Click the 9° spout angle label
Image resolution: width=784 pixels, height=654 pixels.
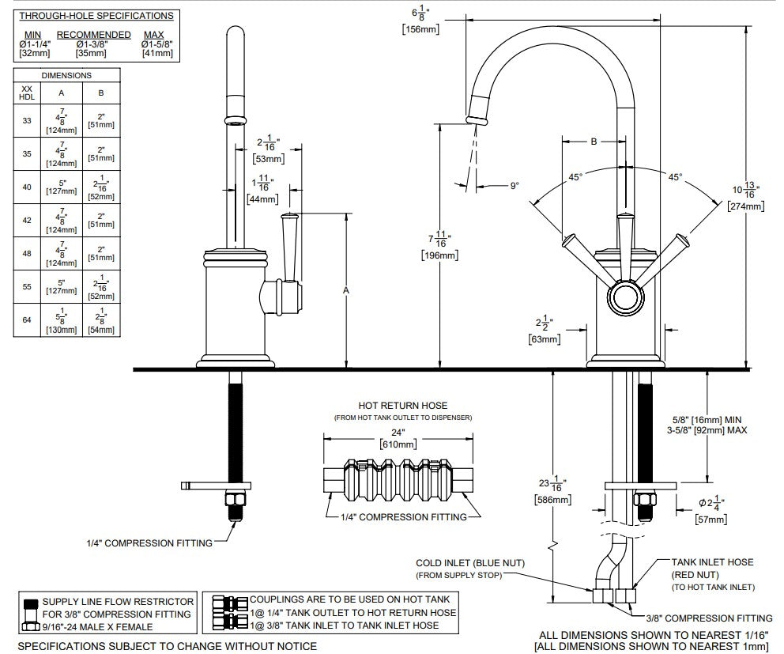click(514, 186)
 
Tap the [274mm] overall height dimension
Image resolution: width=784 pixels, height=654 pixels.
click(746, 206)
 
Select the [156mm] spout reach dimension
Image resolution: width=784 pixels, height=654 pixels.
click(420, 29)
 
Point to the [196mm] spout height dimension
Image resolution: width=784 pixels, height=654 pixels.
click(439, 255)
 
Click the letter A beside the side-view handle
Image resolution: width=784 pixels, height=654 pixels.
click(346, 290)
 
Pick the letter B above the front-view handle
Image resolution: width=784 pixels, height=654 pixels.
click(594, 142)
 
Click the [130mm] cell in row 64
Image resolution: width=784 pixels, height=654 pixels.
click(62, 330)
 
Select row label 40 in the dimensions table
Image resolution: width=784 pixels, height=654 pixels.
click(27, 187)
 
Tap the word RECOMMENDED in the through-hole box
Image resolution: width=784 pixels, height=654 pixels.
click(93, 35)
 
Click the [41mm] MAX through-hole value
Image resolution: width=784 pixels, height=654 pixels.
click(157, 53)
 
